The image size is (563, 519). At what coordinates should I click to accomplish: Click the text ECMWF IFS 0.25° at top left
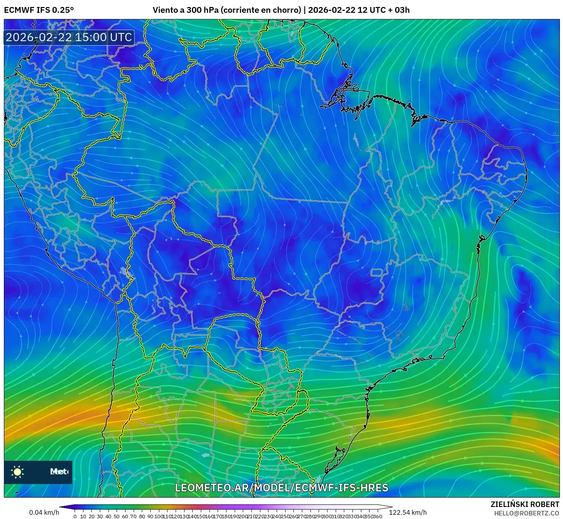click(39, 10)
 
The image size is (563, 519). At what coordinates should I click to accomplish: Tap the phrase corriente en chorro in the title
click(261, 10)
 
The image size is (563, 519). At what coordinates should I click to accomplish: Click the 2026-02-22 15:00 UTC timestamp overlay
click(69, 37)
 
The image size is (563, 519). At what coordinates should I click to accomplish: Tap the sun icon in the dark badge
click(17, 472)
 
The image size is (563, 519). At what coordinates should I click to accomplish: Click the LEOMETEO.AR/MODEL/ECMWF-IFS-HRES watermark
click(281, 488)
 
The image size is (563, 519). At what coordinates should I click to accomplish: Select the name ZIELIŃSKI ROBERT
click(525, 504)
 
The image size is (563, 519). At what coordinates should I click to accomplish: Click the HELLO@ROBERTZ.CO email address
click(526, 513)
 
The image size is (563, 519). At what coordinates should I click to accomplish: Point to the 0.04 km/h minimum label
click(44, 512)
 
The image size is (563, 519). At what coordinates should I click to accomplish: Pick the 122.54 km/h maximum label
click(408, 512)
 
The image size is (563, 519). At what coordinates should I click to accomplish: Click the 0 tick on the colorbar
click(75, 516)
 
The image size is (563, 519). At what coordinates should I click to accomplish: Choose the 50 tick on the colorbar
click(117, 516)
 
